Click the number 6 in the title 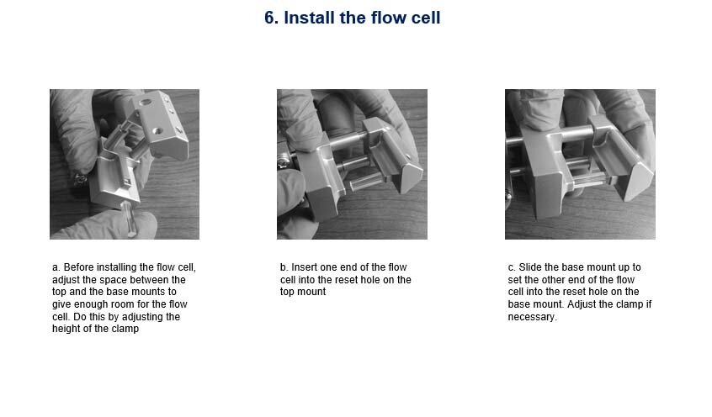pos(270,18)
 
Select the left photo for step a pos(125,164)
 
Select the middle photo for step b pos(352,164)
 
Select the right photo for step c pos(580,164)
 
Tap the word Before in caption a pos(80,267)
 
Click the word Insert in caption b pos(305,267)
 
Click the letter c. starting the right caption pos(512,267)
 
